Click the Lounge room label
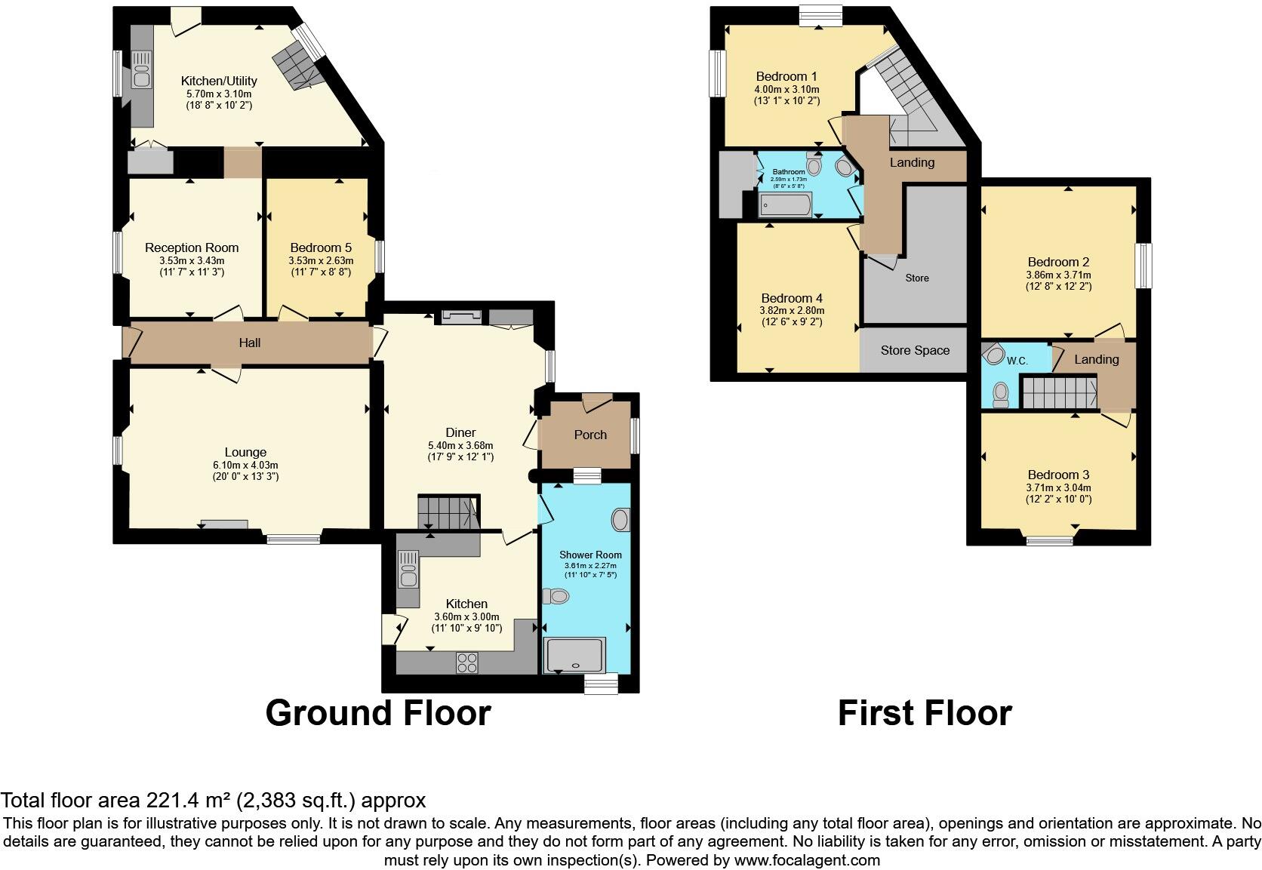(x=245, y=453)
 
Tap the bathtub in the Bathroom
(x=785, y=204)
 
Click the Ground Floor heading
(x=377, y=713)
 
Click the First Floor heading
(x=924, y=713)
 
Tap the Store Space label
(x=915, y=350)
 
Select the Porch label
(x=590, y=435)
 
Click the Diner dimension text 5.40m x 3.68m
(x=460, y=445)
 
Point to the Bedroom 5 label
(x=321, y=247)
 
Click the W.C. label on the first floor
(x=1017, y=361)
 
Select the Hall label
(x=250, y=343)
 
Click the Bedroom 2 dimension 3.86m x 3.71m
(x=1058, y=275)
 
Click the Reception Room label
(x=192, y=247)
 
